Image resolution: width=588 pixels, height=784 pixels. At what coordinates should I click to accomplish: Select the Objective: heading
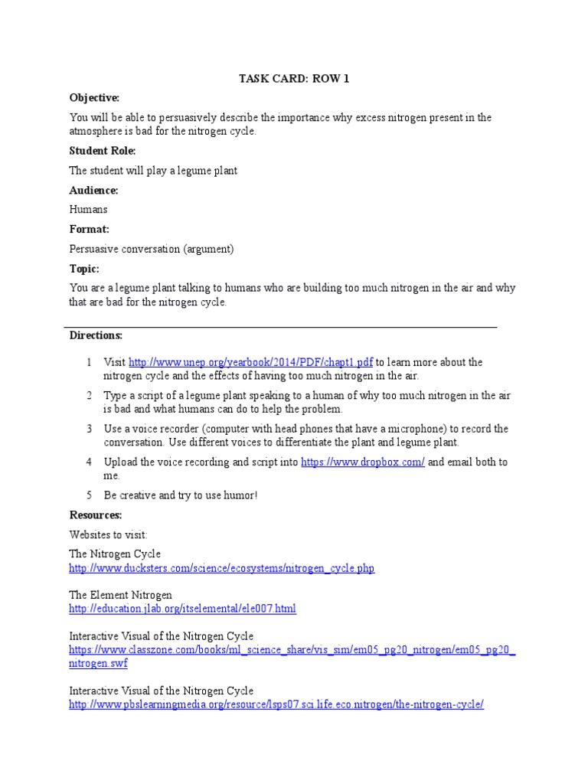click(x=95, y=98)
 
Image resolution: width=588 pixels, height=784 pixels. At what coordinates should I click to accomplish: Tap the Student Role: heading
click(x=103, y=151)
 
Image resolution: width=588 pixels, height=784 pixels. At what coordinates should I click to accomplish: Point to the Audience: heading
click(x=94, y=190)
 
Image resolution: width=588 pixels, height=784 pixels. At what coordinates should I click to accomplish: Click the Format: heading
click(x=90, y=229)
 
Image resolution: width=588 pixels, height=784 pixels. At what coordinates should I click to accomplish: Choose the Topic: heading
click(x=85, y=269)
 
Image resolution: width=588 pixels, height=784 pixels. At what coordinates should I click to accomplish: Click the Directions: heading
click(x=96, y=335)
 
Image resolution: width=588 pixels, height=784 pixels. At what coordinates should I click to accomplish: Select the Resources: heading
click(x=96, y=514)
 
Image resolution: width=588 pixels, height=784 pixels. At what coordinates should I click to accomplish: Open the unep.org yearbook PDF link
click(x=250, y=362)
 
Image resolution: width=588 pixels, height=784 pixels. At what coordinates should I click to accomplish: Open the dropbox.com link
click(x=363, y=462)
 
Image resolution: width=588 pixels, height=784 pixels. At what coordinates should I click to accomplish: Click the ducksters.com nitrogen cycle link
click(x=222, y=568)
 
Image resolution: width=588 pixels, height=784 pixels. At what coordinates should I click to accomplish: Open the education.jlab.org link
click(x=182, y=608)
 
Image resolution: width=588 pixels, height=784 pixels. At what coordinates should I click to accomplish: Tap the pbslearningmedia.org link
click(x=276, y=704)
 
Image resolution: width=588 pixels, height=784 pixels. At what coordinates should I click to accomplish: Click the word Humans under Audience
click(x=89, y=209)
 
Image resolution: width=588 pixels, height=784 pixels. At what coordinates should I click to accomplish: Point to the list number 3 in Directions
click(x=89, y=429)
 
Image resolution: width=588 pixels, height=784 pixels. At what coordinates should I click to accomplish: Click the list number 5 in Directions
click(x=89, y=495)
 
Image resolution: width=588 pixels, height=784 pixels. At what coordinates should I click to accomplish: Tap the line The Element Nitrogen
click(x=121, y=594)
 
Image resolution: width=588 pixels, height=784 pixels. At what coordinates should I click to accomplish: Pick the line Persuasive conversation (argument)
click(x=152, y=249)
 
